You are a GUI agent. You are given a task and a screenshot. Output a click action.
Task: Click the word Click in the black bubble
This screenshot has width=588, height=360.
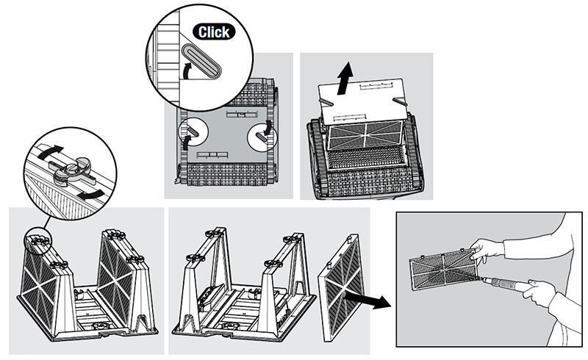pyautogui.click(x=215, y=32)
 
